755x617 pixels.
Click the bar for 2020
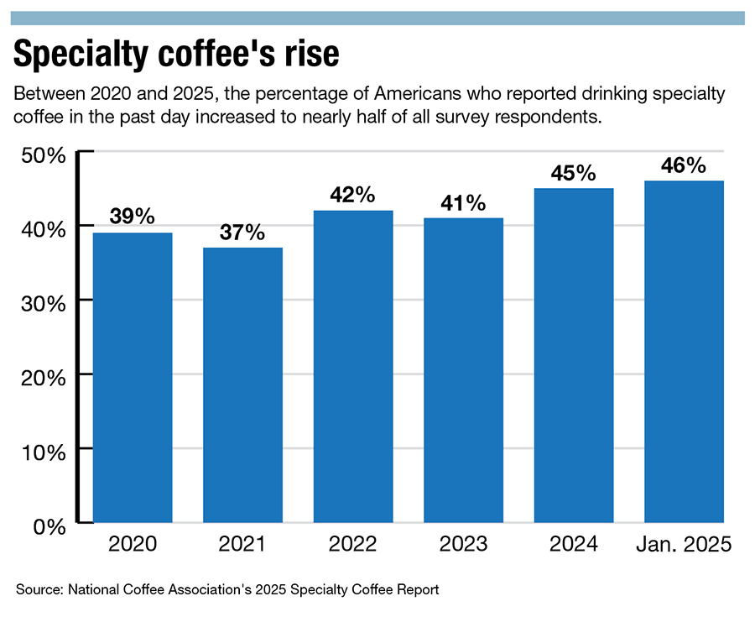(x=133, y=378)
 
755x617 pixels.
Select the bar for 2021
(x=242, y=384)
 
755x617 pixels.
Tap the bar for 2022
(x=353, y=367)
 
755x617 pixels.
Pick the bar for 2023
(x=463, y=370)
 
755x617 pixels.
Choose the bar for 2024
(x=574, y=355)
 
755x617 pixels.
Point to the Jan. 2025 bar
(x=685, y=352)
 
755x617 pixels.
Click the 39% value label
(x=133, y=217)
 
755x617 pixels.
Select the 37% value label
(x=242, y=233)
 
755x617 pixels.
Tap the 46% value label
(x=683, y=165)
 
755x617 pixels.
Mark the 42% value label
(x=352, y=195)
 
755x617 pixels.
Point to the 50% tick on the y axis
(x=44, y=155)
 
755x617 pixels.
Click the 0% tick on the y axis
(x=49, y=527)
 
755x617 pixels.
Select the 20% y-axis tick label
(x=44, y=378)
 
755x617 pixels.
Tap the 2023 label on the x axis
(x=463, y=544)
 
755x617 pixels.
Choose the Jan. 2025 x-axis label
(x=684, y=544)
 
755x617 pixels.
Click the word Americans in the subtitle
(x=418, y=93)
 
